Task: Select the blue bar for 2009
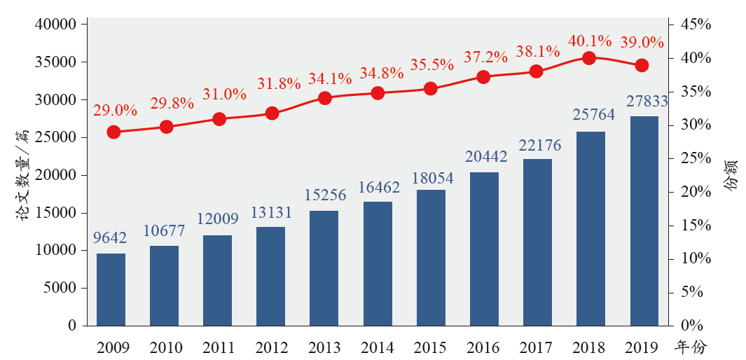[x=111, y=289]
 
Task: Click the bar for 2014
[x=378, y=263]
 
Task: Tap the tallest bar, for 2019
[x=644, y=221]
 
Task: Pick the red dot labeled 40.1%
[x=589, y=58]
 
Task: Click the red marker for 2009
[x=113, y=132]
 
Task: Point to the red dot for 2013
[x=325, y=98]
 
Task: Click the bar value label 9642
[x=110, y=239]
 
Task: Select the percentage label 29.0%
[x=114, y=110]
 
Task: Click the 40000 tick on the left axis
[x=55, y=25]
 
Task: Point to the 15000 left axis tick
[x=55, y=213]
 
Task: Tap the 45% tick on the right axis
[x=695, y=25]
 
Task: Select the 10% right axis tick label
[x=695, y=259]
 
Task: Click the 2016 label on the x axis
[x=483, y=347]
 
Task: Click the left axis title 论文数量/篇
[x=22, y=175]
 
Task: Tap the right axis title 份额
[x=731, y=175]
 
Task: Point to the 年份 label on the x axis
[x=691, y=347]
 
